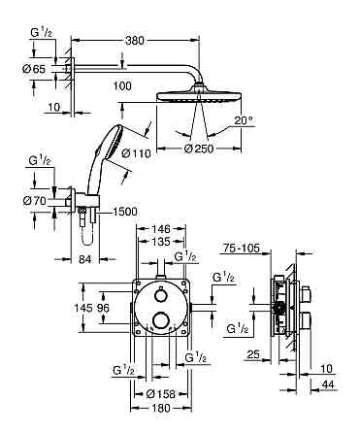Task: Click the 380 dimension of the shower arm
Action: click(x=135, y=41)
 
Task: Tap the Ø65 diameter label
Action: click(x=34, y=69)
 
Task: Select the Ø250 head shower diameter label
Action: click(x=199, y=149)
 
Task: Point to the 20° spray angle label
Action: click(x=244, y=120)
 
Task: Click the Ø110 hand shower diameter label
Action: click(x=137, y=152)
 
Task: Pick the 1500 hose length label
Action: click(x=124, y=212)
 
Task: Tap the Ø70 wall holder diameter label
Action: click(x=35, y=201)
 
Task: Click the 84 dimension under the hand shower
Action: click(x=84, y=259)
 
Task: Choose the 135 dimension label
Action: click(x=161, y=242)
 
